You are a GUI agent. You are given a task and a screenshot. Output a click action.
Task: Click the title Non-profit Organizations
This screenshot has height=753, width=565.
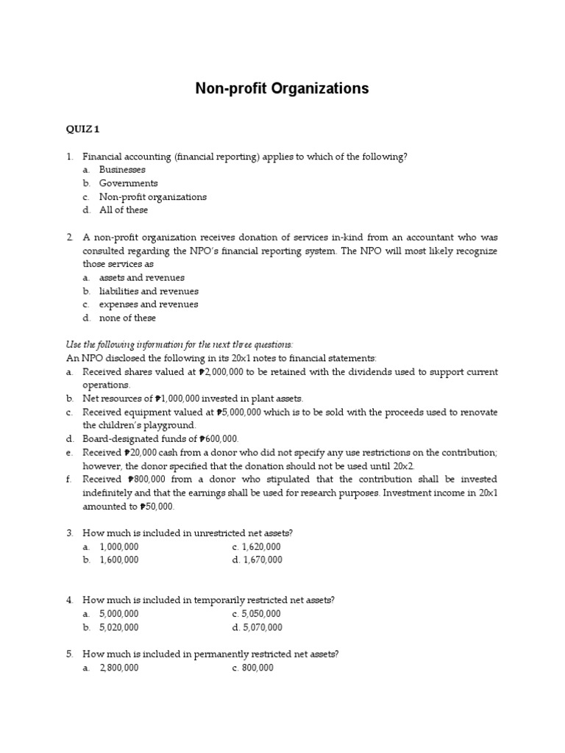pos(282,89)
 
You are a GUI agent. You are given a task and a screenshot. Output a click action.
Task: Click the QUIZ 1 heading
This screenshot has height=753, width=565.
pos(82,129)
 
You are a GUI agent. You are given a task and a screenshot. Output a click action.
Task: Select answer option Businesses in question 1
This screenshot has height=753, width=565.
pos(122,170)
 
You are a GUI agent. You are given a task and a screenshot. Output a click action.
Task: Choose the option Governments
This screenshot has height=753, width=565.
pos(128,183)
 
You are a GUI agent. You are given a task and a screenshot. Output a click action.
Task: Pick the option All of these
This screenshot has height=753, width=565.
pos(124,210)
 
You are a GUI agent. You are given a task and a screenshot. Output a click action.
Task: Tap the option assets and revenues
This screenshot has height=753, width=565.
pos(141,278)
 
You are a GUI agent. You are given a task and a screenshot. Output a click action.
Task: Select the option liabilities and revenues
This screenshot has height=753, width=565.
pos(149,291)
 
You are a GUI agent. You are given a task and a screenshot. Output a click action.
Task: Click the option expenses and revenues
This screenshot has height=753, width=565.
pos(149,304)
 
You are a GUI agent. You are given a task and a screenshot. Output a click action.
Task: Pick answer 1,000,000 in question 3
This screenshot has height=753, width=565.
pos(118,547)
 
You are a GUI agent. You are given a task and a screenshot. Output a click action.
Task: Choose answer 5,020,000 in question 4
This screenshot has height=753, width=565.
pos(118,627)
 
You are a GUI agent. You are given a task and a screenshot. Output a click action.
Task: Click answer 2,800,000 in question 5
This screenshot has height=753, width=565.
pos(118,668)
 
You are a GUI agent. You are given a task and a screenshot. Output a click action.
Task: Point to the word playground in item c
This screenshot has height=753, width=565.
pos(171,425)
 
